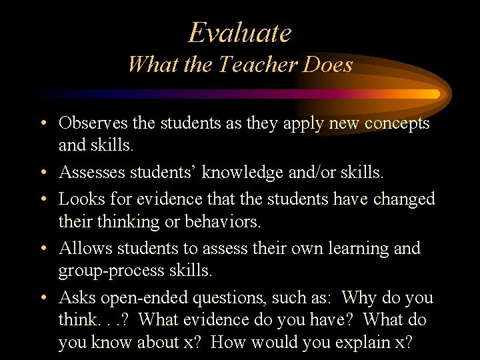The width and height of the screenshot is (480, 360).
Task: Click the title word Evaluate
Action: click(240, 33)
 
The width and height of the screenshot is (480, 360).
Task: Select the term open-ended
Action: click(151, 297)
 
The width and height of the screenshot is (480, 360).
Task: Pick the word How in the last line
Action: click(267, 343)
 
